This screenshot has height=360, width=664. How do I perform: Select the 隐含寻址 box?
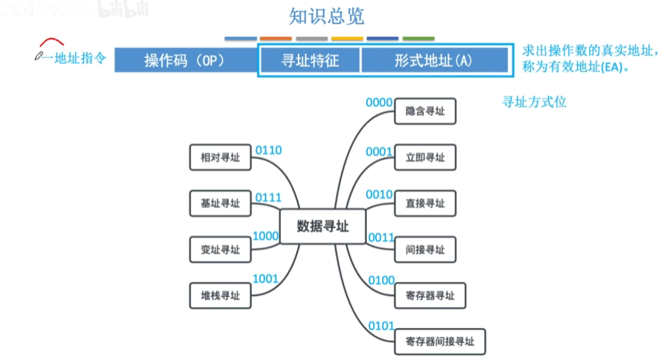tap(425, 111)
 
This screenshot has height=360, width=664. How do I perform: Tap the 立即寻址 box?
tap(425, 157)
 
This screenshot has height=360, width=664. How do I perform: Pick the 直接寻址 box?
tap(425, 203)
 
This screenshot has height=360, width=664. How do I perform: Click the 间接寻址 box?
tap(425, 249)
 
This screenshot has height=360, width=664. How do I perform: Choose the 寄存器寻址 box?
tap(430, 295)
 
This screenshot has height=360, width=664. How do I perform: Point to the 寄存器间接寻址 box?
tap(440, 341)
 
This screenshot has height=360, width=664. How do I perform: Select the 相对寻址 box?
tap(221, 157)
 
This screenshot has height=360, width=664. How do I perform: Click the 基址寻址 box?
tap(221, 203)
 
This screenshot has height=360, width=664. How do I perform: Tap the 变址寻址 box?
tap(221, 249)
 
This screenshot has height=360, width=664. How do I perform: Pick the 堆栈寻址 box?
tap(221, 295)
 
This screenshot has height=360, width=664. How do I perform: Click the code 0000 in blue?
tap(379, 103)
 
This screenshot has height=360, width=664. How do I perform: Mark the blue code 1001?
tap(265, 279)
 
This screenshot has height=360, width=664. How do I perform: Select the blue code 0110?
tap(268, 151)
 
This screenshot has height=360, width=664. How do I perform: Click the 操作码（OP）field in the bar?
tap(185, 60)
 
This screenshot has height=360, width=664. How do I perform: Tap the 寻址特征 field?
tap(310, 60)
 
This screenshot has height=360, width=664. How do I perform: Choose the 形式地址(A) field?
tap(434, 60)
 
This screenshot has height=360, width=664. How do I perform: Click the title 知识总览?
tap(327, 16)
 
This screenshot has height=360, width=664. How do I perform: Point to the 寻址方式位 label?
tap(535, 102)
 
